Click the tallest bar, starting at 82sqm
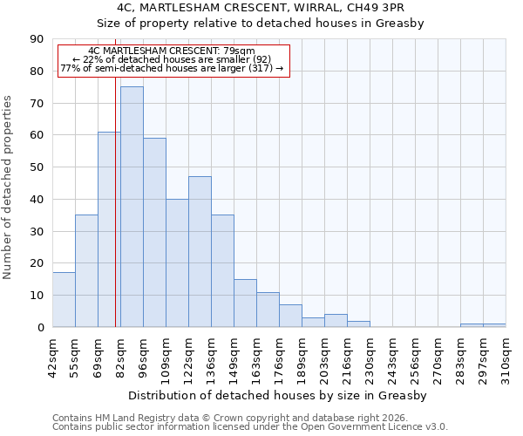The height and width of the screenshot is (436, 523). coord(132,207)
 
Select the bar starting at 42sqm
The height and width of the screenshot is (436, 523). coord(64,300)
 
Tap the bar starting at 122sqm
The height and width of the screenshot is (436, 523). coord(200,252)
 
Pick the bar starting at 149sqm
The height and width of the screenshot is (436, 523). coord(245,303)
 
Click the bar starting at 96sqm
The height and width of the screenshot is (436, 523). coord(154,233)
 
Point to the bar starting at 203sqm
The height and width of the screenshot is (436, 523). coord(336,321)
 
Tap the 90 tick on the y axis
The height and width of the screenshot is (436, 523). coord(38,39)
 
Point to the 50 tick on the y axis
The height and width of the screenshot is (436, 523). coord(38,167)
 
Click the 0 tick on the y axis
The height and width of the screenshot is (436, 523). coord(41,327)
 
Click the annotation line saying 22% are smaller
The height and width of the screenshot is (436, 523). coord(173,59)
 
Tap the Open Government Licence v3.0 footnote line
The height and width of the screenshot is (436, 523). coord(249,427)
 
